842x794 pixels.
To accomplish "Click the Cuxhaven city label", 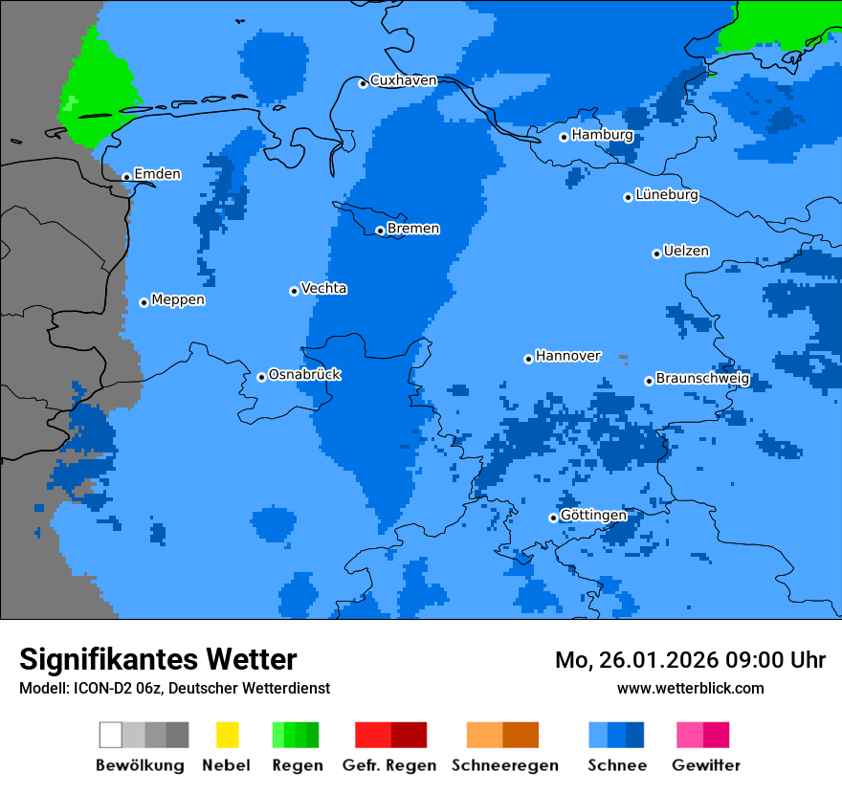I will [403, 80].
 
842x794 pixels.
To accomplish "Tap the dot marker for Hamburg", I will [564, 137].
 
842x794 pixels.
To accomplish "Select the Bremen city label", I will [413, 229].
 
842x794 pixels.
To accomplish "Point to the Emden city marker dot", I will [126, 177].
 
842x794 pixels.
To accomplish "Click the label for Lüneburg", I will [666, 194].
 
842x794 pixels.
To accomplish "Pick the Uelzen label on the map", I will [686, 251].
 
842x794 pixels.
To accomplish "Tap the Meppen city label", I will [178, 299].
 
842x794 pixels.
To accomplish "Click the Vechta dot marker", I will [294, 291].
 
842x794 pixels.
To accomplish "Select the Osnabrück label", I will [304, 374].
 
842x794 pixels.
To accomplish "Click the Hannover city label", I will [568, 356].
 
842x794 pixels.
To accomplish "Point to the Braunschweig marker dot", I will [648, 381].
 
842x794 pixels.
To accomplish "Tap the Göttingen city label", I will [593, 516].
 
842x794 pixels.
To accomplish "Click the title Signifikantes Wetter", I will [158, 659].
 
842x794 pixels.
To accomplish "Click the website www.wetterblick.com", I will [690, 688].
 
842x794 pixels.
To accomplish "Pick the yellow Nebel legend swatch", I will [227, 735].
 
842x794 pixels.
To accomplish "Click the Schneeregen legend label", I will [505, 765].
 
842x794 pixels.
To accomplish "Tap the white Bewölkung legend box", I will [110, 735].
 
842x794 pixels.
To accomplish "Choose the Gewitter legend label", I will [706, 765].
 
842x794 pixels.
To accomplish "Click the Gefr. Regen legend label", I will [389, 765].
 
